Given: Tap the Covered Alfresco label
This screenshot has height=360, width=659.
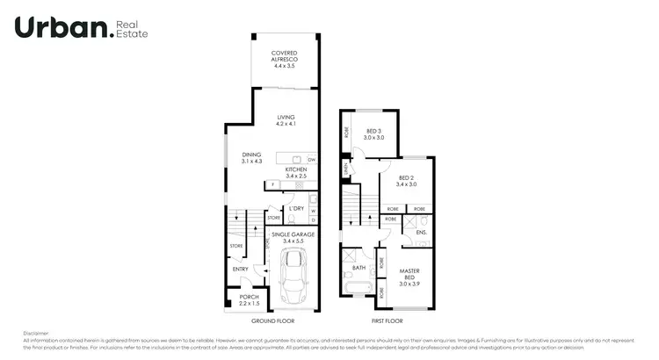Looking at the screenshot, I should [284, 57].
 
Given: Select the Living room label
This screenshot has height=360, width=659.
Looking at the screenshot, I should [286, 121].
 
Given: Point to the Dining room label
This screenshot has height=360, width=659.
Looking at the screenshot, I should [252, 158].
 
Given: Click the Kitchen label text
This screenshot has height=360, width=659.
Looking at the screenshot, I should [295, 173].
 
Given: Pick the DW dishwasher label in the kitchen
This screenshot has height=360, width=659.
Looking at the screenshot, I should [311, 159].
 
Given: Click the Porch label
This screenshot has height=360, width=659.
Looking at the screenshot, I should [250, 300].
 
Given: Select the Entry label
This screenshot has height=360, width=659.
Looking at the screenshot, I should [240, 269].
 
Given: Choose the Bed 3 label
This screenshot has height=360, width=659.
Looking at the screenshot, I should [375, 134].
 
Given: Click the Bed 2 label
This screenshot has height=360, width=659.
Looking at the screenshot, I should [405, 181].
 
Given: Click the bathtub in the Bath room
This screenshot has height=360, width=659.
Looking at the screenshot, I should [358, 288].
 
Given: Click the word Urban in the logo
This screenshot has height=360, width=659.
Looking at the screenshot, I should [62, 28].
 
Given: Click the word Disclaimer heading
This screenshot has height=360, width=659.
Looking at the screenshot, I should [36, 334].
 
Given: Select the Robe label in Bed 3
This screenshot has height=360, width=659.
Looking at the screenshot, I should [347, 133].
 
